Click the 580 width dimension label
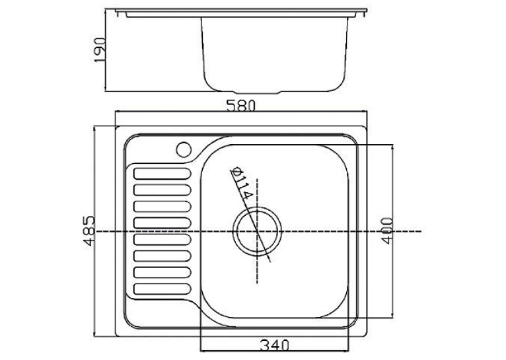[x=240, y=106]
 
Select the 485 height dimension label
[x=90, y=231]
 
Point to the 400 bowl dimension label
[x=387, y=231]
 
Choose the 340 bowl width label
[x=274, y=345]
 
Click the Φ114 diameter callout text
[x=241, y=184]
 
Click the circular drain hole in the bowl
[x=257, y=231]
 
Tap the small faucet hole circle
[x=184, y=149]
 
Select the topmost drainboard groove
[x=163, y=174]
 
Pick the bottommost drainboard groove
[x=163, y=289]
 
